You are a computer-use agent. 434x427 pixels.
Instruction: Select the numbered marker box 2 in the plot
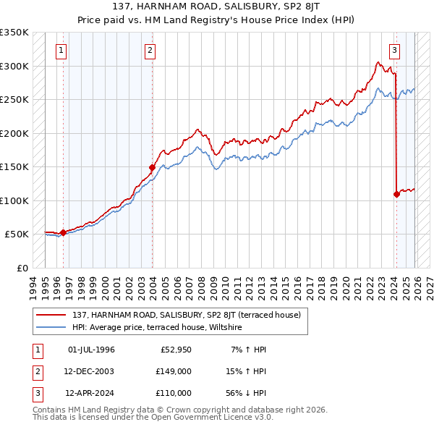pyautogui.click(x=149, y=51)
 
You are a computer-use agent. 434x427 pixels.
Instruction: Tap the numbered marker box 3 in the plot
pyautogui.click(x=395, y=51)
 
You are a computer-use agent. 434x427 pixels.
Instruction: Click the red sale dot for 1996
pyautogui.click(x=63, y=232)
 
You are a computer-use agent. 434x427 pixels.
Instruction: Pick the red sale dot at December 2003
pyautogui.click(x=153, y=168)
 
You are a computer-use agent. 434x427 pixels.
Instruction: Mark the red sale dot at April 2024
pyautogui.click(x=396, y=194)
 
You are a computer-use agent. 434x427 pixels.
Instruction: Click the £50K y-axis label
pyautogui.click(x=17, y=234)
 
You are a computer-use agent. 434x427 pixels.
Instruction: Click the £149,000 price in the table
pyautogui.click(x=174, y=371)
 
